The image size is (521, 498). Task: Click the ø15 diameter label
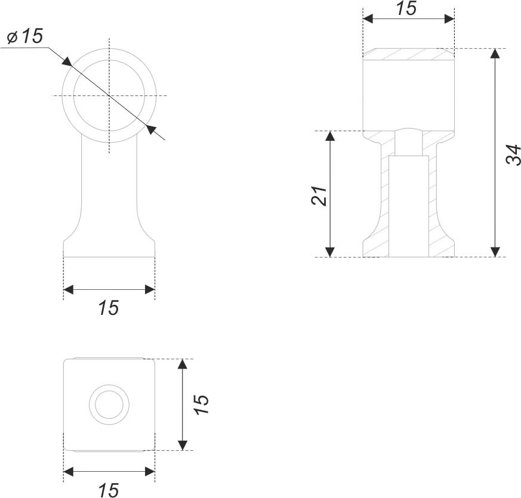tap(25, 36)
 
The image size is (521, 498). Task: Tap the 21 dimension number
tap(320, 195)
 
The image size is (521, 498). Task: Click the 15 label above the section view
tap(406, 8)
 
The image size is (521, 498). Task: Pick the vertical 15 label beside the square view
tap(201, 404)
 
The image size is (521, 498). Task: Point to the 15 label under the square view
tap(109, 490)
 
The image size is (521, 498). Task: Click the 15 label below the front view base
tap(109, 308)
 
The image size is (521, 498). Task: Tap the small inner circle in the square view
tap(109, 405)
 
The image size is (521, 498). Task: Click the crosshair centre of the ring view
tap(109, 95)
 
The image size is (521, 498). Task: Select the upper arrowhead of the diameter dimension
tap(67, 61)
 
